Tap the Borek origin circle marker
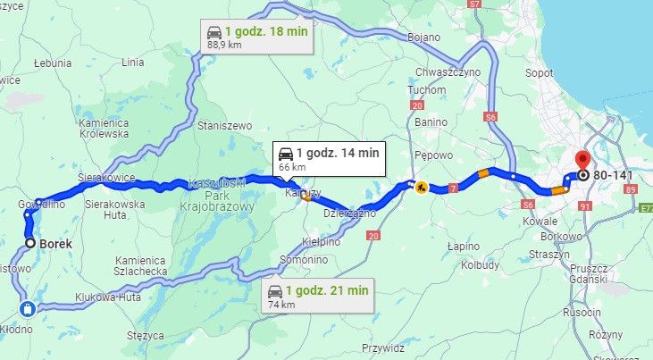click(30, 242)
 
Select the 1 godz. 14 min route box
click(328, 157)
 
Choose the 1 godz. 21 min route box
click(319, 296)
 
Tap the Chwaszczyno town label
click(448, 72)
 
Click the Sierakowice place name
click(105, 178)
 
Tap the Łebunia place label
click(53, 63)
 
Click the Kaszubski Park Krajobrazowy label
click(221, 195)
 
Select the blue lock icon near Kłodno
click(28, 309)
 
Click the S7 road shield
click(475, 4)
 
